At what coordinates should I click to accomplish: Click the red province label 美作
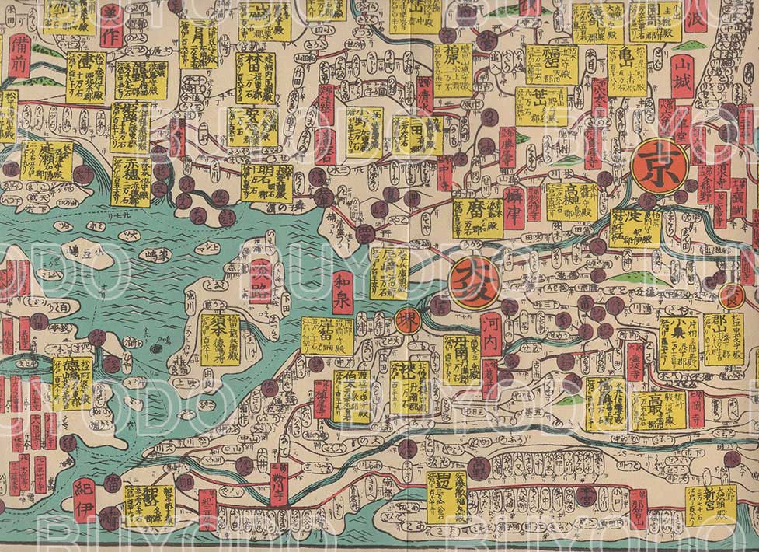tap(111, 25)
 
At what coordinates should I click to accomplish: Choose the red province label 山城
tap(682, 77)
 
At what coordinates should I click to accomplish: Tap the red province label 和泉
tap(343, 291)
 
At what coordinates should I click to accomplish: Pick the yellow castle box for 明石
tap(266, 183)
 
